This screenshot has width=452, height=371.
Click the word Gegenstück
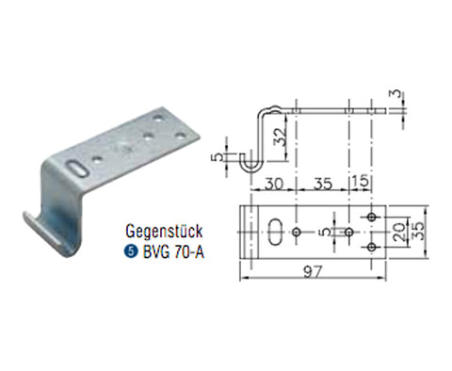[x=164, y=232]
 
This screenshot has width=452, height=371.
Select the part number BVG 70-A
[x=173, y=251]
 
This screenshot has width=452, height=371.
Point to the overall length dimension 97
[x=313, y=271]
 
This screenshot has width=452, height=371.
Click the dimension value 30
[x=274, y=184]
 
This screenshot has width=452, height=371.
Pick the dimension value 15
[x=361, y=182]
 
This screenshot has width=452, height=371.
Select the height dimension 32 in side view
[x=279, y=137]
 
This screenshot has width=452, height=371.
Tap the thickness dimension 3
[x=396, y=93]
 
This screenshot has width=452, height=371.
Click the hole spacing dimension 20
[x=399, y=232]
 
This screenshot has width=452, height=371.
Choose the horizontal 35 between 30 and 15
[x=323, y=184]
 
